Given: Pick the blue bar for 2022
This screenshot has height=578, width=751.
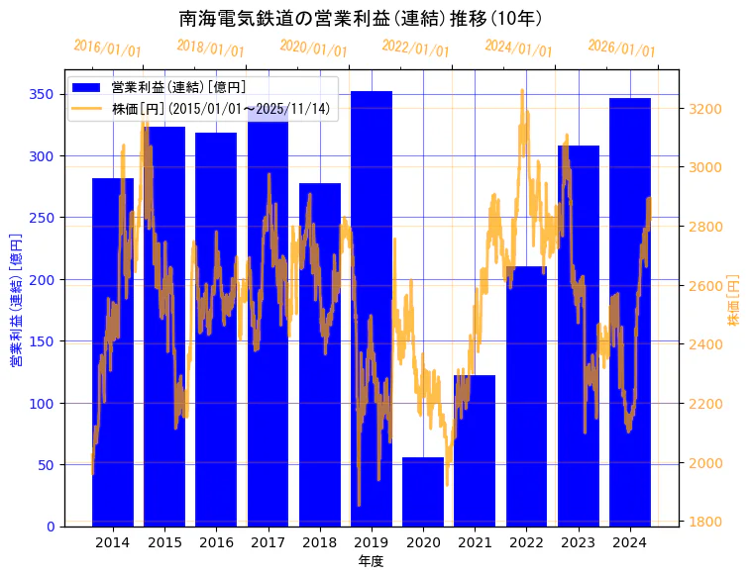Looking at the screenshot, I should pyautogui.click(x=526, y=396).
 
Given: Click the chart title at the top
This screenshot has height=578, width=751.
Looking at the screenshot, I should pyautogui.click(x=361, y=19).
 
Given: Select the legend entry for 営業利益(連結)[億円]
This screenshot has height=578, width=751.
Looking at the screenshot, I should pyautogui.click(x=178, y=87).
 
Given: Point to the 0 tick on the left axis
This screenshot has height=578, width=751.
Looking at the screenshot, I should pyautogui.click(x=50, y=527).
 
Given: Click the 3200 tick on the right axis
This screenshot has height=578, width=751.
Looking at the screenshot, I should pyautogui.click(x=707, y=108).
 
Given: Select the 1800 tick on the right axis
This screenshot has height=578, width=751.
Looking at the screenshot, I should pyautogui.click(x=707, y=523).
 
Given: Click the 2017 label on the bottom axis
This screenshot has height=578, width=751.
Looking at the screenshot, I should pyautogui.click(x=268, y=542).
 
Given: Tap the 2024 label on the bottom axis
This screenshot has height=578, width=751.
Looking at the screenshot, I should pyautogui.click(x=630, y=542).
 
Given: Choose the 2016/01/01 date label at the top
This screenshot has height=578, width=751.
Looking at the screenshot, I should pyautogui.click(x=108, y=48).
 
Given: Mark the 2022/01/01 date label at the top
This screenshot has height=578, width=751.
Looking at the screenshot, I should pyautogui.click(x=416, y=48).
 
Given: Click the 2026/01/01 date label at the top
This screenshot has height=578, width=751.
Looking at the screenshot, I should pyautogui.click(x=622, y=48).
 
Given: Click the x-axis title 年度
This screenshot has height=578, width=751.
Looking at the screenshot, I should pyautogui.click(x=372, y=561).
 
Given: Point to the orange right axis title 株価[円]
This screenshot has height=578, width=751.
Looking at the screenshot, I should pyautogui.click(x=734, y=301).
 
